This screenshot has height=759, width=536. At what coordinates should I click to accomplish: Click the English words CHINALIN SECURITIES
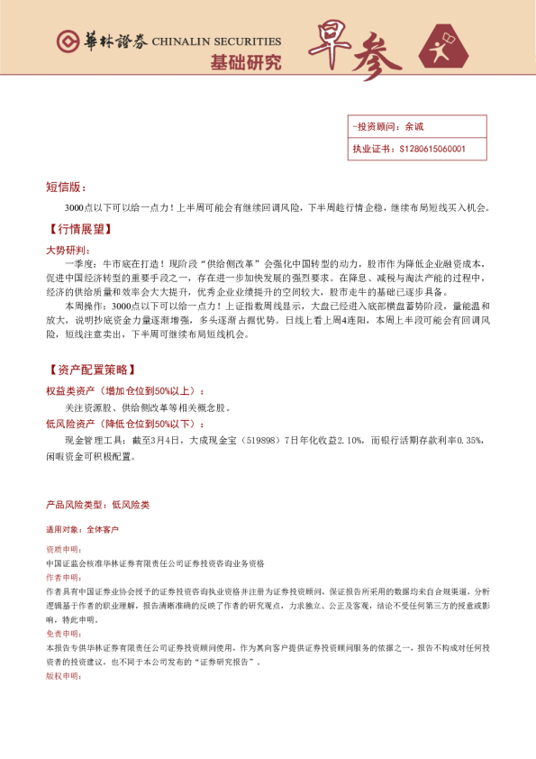point(216,41)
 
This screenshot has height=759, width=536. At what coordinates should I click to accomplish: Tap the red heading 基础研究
point(245,62)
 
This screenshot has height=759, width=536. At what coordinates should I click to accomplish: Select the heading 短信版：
point(66,187)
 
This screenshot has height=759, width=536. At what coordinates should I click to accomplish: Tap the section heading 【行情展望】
point(77,230)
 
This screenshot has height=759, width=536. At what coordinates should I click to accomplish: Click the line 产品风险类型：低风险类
point(97,505)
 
